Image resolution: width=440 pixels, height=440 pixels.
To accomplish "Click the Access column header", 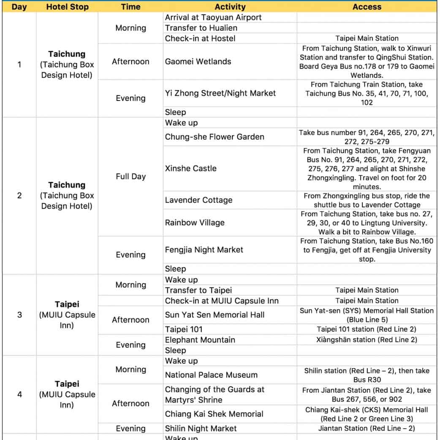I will point(367,7).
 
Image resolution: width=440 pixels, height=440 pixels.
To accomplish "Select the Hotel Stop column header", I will point(66,7).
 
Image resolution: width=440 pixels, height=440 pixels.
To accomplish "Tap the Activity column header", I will point(230,7).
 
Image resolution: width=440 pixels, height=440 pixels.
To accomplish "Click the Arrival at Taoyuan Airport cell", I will point(213,17).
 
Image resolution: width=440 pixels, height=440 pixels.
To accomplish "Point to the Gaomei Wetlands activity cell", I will point(198,62).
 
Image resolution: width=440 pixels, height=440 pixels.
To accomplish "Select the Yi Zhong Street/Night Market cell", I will point(220,93).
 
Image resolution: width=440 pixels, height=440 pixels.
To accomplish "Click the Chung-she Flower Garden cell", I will point(215,137).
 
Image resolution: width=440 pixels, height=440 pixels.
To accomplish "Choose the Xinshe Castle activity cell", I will point(190,168).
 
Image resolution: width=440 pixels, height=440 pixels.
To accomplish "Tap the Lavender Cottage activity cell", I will point(198,200).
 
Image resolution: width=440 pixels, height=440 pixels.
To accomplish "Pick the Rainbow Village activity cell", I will point(195,223).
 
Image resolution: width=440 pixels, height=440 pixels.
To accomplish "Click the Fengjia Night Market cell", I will point(204,250).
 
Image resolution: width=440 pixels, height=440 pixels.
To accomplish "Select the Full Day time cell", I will point(130,177).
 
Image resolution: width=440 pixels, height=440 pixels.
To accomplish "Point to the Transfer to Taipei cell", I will point(198,290).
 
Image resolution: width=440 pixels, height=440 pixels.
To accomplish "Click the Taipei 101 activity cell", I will point(184,329).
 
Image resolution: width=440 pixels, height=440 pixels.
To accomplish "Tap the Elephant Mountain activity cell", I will point(200,340).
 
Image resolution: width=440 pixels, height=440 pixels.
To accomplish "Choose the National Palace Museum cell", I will point(211,375).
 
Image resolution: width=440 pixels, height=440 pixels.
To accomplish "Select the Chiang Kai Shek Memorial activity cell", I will point(214,414).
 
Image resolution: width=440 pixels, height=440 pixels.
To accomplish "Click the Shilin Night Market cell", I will point(201,429).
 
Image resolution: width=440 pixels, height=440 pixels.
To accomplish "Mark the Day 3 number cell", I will point(19,315).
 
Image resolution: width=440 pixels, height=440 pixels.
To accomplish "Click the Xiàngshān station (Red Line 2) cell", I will point(367,340).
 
